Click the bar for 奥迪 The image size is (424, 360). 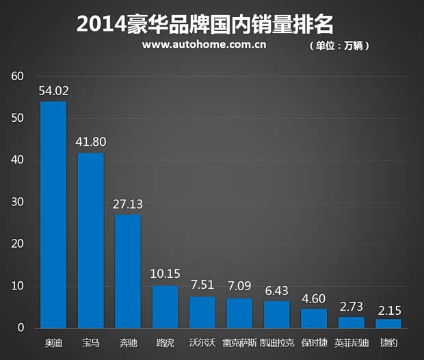[x=53, y=215]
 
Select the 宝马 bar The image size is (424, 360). [x=90, y=240]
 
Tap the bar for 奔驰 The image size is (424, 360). [x=128, y=271]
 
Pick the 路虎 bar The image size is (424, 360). [x=165, y=307]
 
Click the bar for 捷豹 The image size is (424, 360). [x=388, y=323]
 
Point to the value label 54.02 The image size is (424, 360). [x=54, y=91]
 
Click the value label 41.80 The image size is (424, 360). [x=91, y=142]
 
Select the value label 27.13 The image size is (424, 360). [x=128, y=204]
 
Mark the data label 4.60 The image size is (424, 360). [x=314, y=298]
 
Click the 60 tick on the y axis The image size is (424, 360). [x=18, y=76]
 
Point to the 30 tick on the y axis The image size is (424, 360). [x=18, y=203]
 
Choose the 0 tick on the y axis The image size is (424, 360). [x=21, y=329]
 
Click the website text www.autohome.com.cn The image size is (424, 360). [x=204, y=45]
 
